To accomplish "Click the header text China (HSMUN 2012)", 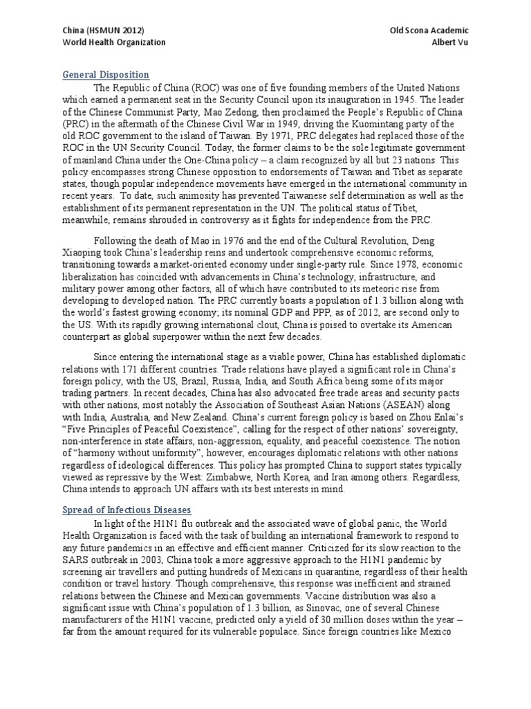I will pos(104,30).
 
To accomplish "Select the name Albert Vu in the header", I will pos(450,42).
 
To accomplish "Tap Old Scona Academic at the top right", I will pos(429,30).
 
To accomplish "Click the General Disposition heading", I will pos(106,75).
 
